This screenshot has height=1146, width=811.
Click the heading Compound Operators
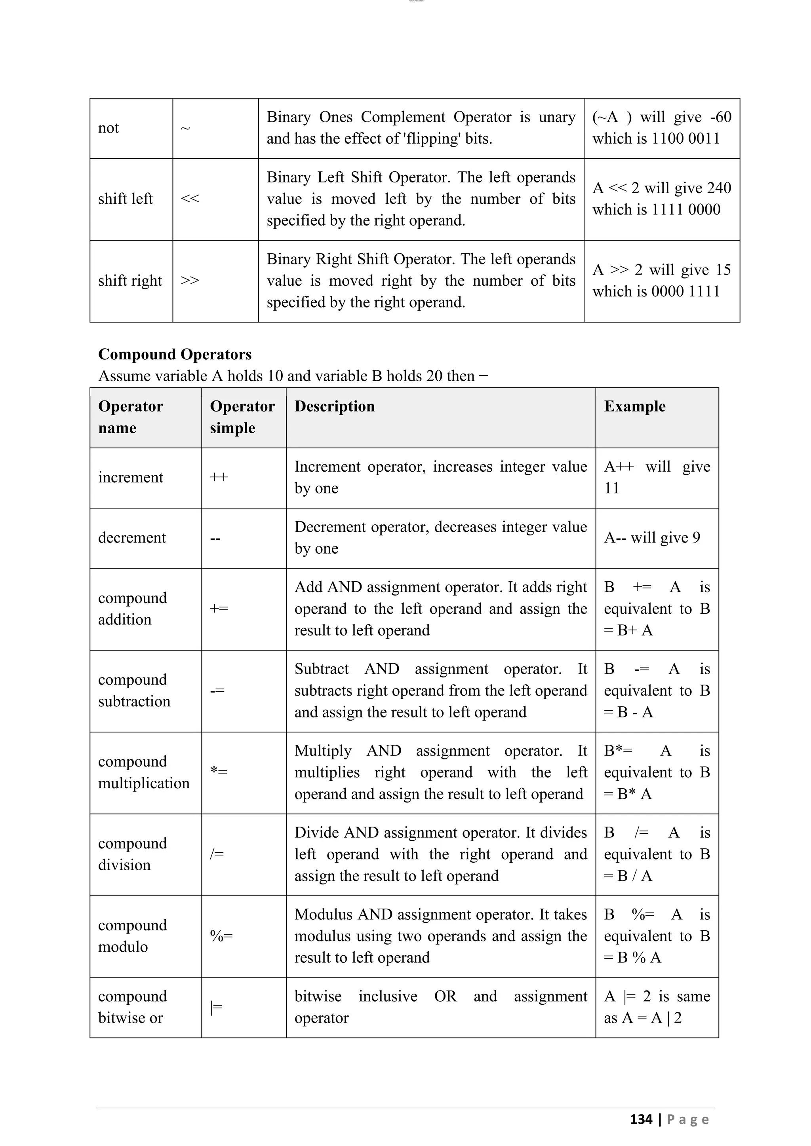click(175, 355)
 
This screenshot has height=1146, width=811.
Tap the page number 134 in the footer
click(641, 1119)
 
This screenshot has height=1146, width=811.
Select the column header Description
click(334, 406)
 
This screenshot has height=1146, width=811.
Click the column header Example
click(634, 406)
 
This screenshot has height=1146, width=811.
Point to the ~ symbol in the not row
click(185, 129)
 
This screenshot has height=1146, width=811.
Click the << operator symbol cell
click(190, 199)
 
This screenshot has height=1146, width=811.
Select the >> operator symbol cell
click(190, 281)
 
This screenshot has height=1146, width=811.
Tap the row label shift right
click(130, 281)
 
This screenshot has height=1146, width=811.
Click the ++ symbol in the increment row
click(219, 477)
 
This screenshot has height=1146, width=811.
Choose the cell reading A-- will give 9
click(652, 537)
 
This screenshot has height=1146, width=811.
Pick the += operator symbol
click(219, 609)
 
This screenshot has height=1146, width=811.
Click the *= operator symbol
click(219, 772)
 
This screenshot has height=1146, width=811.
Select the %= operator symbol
click(221, 936)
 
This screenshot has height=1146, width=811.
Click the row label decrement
click(132, 537)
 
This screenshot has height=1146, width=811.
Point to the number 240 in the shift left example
click(719, 188)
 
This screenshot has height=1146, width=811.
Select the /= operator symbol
click(217, 854)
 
